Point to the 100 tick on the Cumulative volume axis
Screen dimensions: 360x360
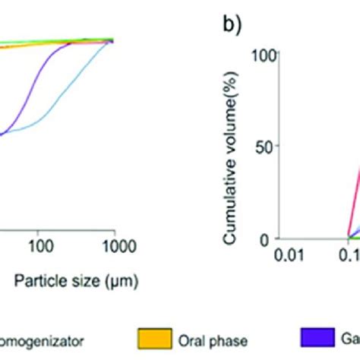click(267, 55)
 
